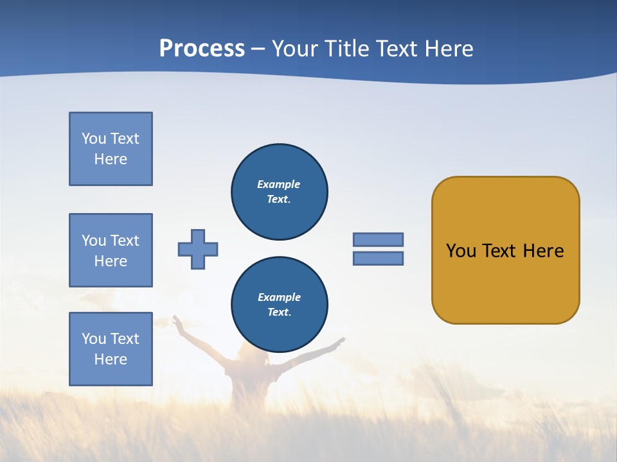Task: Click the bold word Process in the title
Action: pos(202,48)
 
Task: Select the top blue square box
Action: pos(111,149)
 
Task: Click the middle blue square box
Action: pos(111,250)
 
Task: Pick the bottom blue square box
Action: pos(111,349)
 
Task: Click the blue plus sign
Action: pos(198,249)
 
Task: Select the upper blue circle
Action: pos(279,192)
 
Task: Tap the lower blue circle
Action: pos(279,305)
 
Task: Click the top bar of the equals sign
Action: pos(378,239)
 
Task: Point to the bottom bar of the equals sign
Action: pos(378,258)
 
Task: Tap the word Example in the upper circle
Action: pos(279,184)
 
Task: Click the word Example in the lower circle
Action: pos(279,297)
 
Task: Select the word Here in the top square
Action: pos(111,159)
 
